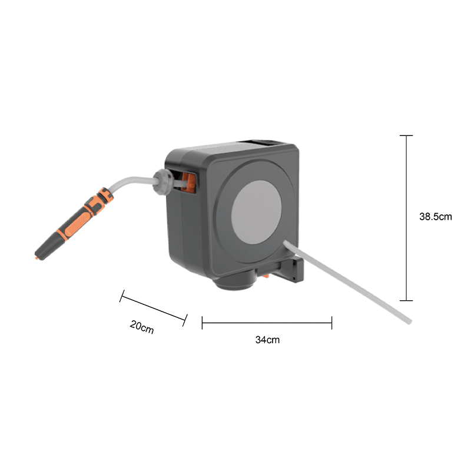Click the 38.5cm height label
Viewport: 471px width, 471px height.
(x=435, y=217)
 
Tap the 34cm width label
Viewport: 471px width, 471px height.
(x=267, y=340)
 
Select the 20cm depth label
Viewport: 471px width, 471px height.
(x=142, y=327)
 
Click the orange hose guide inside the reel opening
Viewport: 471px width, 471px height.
(x=188, y=182)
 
